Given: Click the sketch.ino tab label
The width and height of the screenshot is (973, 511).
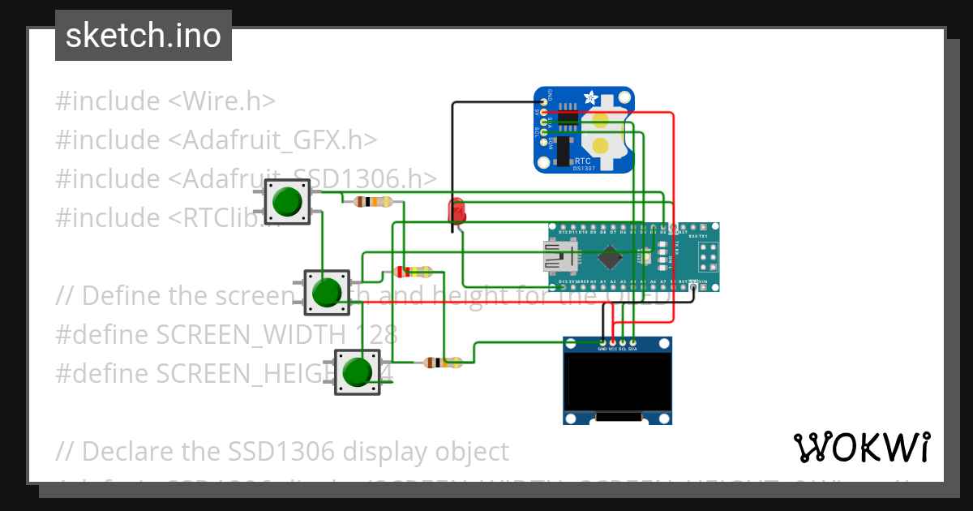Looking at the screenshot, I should (x=144, y=36).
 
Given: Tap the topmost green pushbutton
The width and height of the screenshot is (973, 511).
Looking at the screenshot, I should (x=288, y=201).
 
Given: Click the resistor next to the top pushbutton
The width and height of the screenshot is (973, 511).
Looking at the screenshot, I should (x=374, y=202).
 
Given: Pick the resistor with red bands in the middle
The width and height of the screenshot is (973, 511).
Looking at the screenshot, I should (x=413, y=272).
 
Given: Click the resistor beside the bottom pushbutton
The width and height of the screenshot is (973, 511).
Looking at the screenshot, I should (x=442, y=363).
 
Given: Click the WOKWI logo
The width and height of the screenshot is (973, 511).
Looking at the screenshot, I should (x=861, y=447).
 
